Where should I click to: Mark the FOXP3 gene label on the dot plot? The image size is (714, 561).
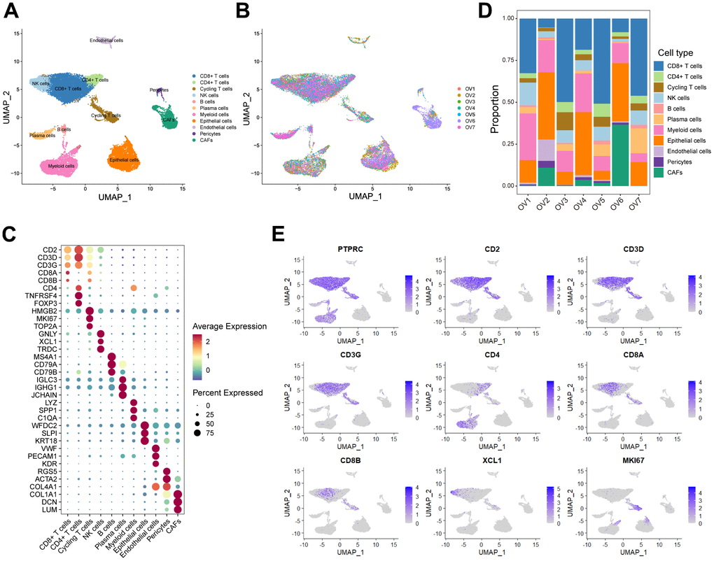[48, 304]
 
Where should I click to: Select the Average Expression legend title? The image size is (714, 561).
[230, 326]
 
